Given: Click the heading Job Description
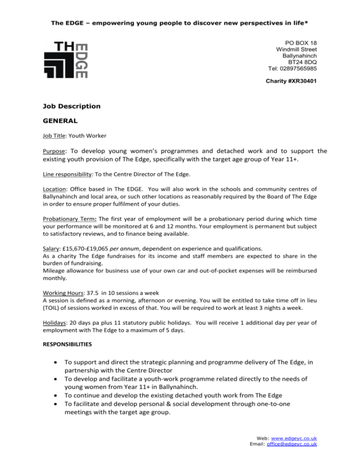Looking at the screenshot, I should pos(70,106).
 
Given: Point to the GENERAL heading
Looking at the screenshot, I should pos(59,120).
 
